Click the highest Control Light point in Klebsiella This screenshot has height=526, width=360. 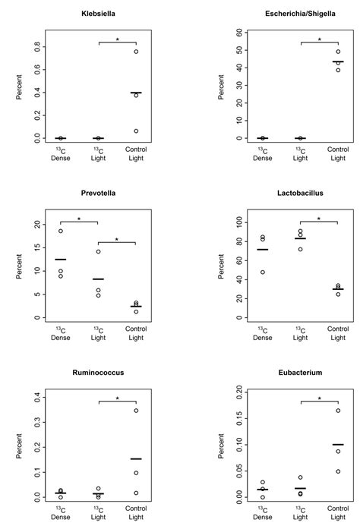pyautogui.click(x=136, y=52)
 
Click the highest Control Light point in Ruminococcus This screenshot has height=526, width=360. pyautogui.click(x=136, y=411)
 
